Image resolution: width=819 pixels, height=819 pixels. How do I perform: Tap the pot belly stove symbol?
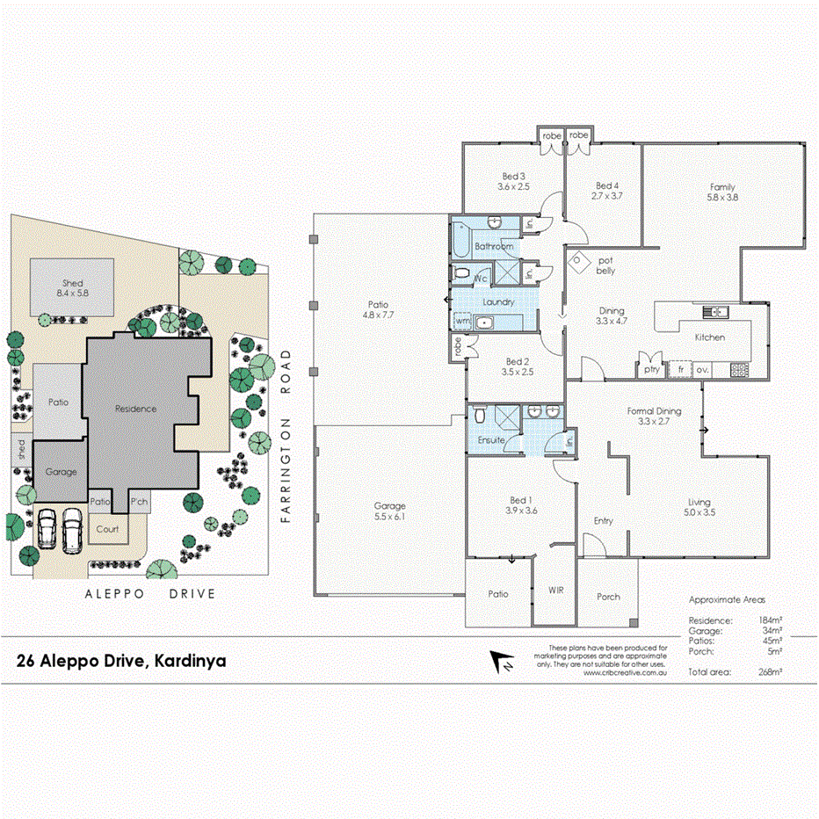point(579,260)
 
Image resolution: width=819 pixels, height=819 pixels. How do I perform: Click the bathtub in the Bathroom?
point(460,238)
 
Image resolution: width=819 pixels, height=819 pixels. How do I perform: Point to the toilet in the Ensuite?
point(480,414)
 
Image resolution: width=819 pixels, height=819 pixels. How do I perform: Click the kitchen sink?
point(714,311)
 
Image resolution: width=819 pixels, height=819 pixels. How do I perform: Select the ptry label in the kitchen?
point(651,370)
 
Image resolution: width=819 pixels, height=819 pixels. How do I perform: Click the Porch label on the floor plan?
point(608,597)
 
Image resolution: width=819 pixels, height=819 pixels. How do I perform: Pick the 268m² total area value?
point(770,671)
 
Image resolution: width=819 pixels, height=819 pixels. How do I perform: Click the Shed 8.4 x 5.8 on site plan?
point(72,288)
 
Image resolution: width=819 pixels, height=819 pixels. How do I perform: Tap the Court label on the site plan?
point(107,529)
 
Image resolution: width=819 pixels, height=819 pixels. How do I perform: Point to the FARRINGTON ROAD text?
point(285,437)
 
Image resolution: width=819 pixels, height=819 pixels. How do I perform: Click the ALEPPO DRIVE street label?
point(149,594)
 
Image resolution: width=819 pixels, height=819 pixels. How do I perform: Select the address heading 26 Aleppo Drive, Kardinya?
point(121,661)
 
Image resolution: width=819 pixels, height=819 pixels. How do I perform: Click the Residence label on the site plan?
point(135,409)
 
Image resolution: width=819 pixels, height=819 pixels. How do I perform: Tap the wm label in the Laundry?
point(461,322)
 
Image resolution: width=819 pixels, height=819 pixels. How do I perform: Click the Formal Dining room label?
point(654,417)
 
